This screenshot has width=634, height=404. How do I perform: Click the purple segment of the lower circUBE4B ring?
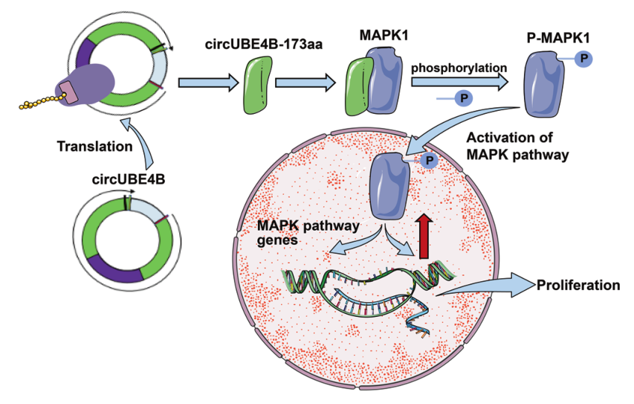tap(115, 271)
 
